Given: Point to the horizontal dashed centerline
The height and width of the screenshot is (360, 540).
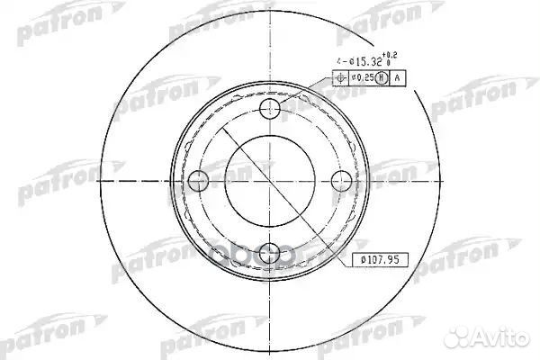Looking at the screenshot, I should (135, 181).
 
